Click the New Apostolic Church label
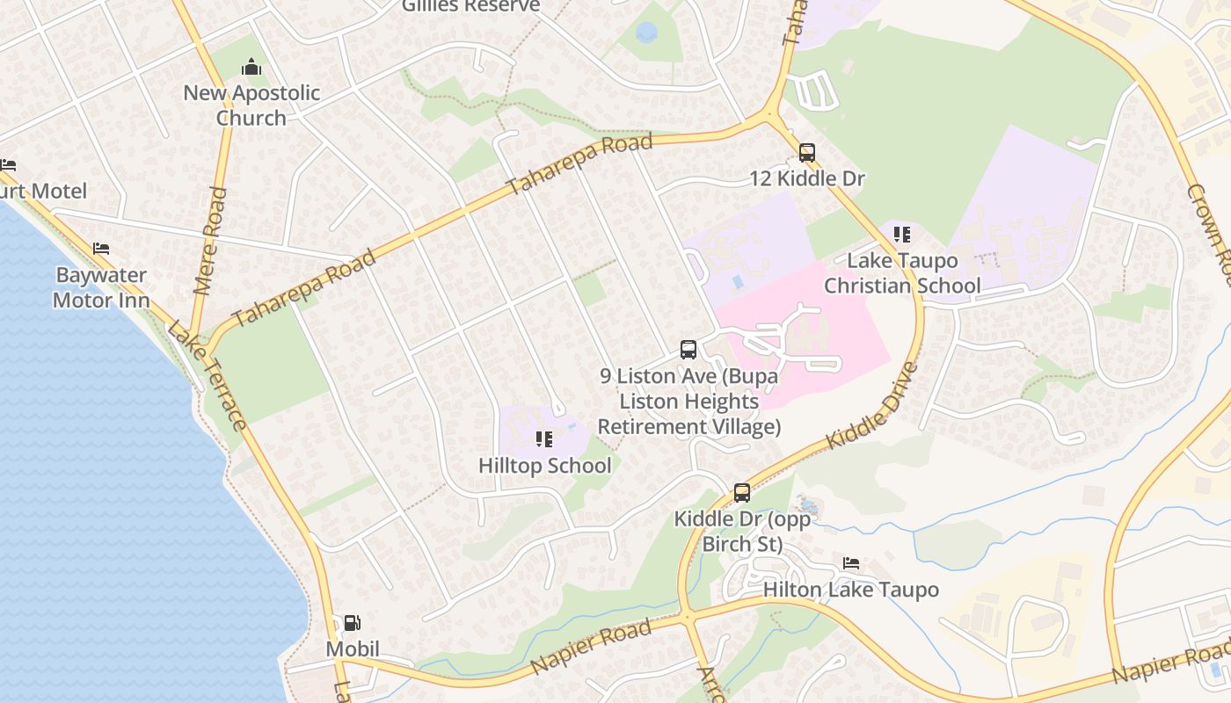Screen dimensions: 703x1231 tap(251, 105)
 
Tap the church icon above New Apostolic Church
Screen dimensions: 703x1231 tap(251, 67)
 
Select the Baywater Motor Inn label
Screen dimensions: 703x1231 tap(101, 287)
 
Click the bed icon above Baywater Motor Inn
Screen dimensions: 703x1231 tap(101, 250)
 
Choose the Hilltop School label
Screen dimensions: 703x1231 tap(544, 466)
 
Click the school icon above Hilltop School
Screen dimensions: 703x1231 tap(544, 438)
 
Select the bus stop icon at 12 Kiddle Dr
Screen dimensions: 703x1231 tap(807, 152)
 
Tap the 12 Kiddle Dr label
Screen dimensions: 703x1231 tap(807, 179)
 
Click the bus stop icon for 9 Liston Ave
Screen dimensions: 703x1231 tap(688, 350)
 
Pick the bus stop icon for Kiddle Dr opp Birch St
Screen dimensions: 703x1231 tap(742, 492)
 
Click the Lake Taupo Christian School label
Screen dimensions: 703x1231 tap(902, 273)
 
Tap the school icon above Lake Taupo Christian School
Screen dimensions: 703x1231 tap(902, 235)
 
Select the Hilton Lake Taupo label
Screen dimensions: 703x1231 tap(850, 590)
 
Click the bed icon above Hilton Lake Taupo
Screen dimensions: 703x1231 tap(850, 562)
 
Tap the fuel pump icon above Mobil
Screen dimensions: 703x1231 tap(352, 623)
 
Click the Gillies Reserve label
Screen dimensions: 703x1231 tap(470, 6)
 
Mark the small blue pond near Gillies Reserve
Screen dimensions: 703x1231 tap(646, 33)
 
